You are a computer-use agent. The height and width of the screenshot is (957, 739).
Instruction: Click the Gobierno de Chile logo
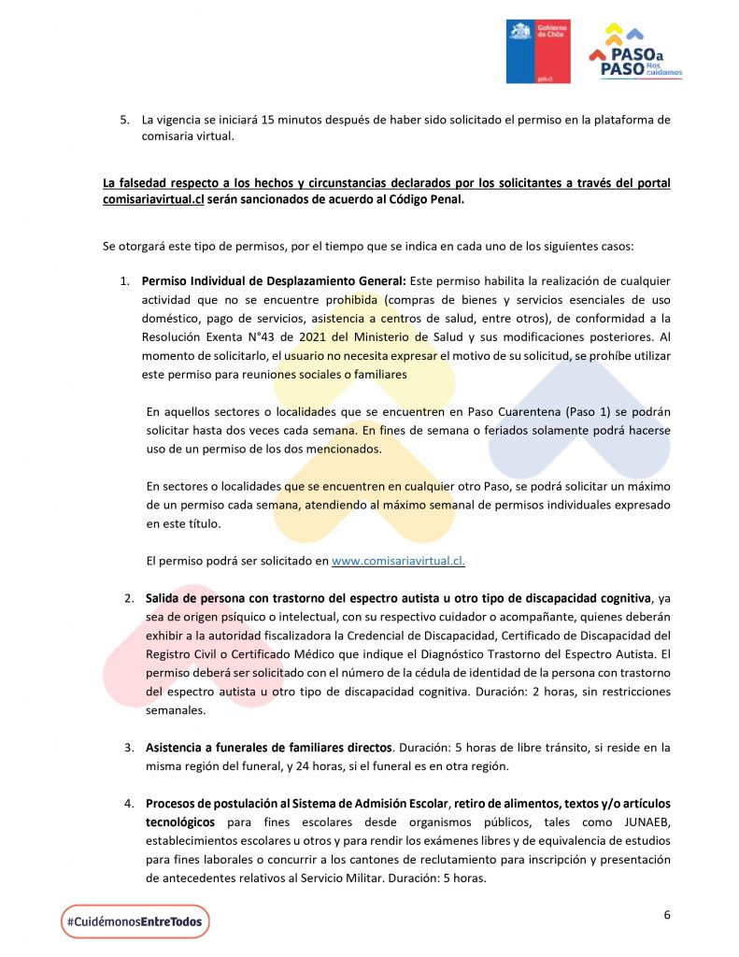click(x=538, y=52)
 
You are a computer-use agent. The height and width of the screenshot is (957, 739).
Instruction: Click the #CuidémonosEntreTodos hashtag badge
click(x=135, y=921)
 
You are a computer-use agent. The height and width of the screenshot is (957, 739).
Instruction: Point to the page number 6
click(x=667, y=915)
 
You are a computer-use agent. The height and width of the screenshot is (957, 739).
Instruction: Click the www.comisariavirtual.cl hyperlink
click(x=398, y=561)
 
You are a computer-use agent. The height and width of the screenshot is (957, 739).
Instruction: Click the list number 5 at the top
click(x=122, y=121)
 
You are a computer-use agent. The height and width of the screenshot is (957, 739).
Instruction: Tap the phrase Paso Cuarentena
click(x=441, y=411)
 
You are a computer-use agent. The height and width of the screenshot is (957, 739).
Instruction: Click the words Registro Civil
click(x=184, y=655)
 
